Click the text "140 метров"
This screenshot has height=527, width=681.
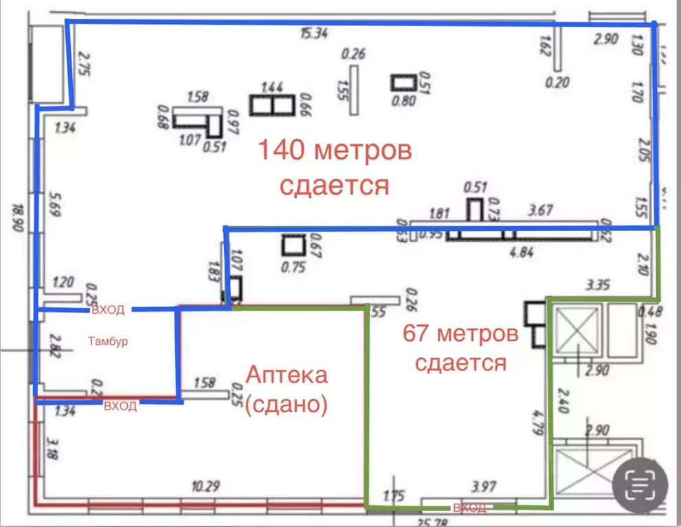(335, 150)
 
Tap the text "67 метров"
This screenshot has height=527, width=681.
(460, 335)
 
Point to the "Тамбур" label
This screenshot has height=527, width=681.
(109, 341)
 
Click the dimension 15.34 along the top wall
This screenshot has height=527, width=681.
(313, 34)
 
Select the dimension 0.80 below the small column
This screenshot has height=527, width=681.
(403, 100)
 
